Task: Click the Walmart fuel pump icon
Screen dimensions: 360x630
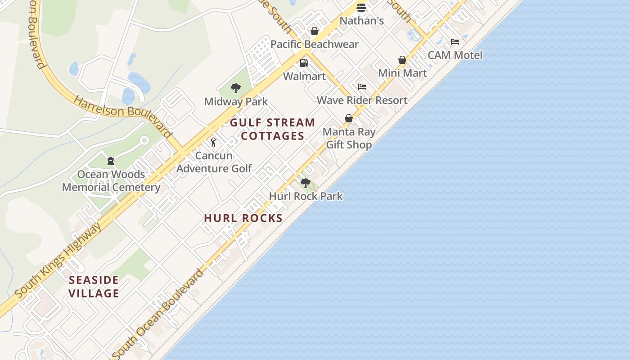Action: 304,63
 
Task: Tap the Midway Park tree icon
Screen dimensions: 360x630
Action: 235,88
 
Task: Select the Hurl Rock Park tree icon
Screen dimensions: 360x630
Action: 306,183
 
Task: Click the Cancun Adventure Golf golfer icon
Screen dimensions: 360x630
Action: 213,143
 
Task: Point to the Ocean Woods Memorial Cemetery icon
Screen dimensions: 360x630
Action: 110,161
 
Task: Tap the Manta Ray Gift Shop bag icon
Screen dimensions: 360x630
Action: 349,118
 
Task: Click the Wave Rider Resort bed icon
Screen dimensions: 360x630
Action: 362,87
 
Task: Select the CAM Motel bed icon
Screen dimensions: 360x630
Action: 455,42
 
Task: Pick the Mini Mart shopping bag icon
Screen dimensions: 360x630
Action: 402,60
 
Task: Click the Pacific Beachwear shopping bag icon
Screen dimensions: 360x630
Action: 315,31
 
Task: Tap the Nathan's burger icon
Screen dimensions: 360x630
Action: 361,8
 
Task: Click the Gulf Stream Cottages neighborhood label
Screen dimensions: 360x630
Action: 273,129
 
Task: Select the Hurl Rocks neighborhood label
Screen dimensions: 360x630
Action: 243,218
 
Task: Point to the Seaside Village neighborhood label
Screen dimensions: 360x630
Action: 94,287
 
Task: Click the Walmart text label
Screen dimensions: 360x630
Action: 304,76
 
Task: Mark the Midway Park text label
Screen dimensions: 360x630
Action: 236,102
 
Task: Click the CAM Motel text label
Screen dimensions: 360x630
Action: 455,55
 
